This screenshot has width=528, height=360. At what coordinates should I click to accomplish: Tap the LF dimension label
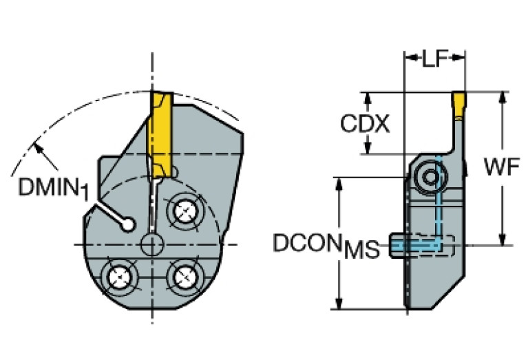434,60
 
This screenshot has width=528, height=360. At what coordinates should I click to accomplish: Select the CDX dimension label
365,124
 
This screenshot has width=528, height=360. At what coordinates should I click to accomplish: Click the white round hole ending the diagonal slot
127,224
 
